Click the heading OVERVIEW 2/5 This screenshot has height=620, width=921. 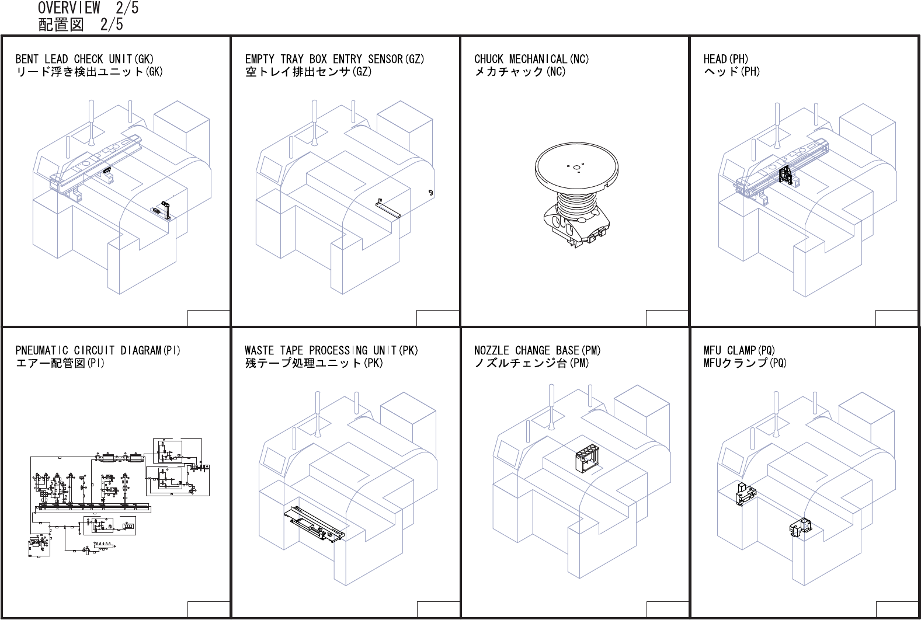tap(88, 8)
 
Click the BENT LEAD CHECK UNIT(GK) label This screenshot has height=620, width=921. tap(85, 59)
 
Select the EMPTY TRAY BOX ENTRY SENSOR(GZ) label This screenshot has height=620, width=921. tap(335, 59)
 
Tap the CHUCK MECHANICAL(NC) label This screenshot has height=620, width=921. tap(531, 59)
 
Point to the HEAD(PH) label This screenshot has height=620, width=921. tap(725, 59)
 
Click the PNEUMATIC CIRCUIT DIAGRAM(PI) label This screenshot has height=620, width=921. tap(98, 350)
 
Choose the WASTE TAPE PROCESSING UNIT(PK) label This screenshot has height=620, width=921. tap(331, 350)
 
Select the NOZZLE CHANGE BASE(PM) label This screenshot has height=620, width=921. tap(537, 350)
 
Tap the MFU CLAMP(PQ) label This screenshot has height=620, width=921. tap(739, 350)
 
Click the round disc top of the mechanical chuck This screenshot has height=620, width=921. tap(576, 166)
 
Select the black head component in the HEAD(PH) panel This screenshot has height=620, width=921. tap(787, 176)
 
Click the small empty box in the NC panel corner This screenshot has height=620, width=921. tap(667, 318)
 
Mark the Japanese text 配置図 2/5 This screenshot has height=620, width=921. tap(81, 25)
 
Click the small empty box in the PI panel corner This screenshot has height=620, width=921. tap(208, 609)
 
